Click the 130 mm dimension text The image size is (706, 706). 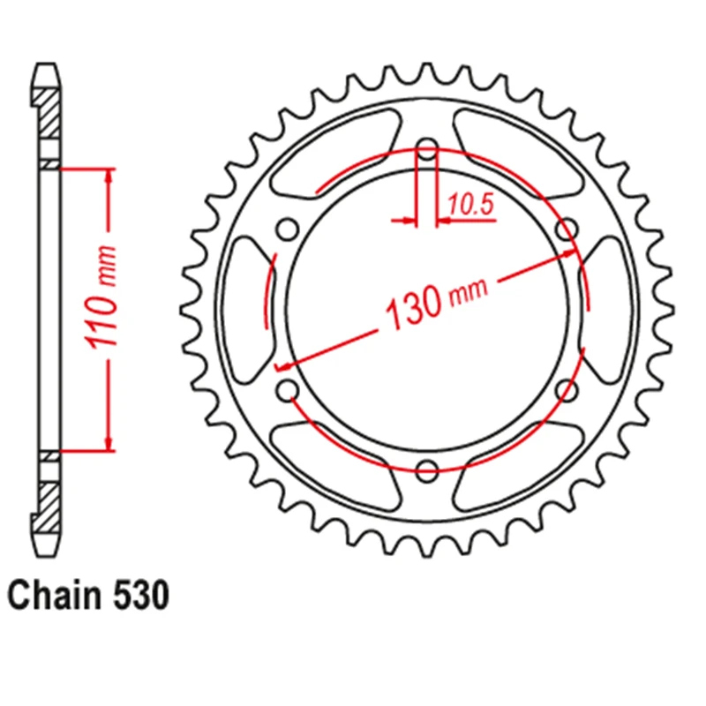[436, 303]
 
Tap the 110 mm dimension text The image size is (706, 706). [101, 297]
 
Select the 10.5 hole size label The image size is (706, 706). [471, 205]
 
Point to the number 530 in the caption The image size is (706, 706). [141, 596]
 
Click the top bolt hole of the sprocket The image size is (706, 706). [427, 149]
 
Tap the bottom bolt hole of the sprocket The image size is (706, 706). [427, 470]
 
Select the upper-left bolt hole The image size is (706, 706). [288, 229]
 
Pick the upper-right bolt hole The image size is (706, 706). [567, 229]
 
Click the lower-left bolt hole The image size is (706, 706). [288, 390]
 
